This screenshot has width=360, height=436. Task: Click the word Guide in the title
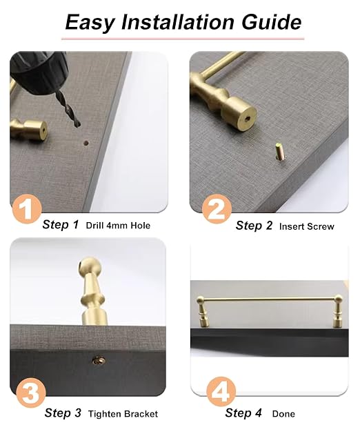coord(271,22)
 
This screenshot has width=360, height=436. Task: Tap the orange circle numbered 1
coord(27,210)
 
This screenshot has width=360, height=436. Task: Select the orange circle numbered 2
coord(217,209)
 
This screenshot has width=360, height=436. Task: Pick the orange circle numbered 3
coord(31,393)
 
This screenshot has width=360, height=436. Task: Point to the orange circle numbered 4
coord(221,392)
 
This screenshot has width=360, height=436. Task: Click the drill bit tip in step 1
coord(78,125)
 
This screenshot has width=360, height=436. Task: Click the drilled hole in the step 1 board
coord(86,143)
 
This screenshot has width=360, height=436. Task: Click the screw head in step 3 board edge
coord(99,361)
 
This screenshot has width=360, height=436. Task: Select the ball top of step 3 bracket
coord(90,267)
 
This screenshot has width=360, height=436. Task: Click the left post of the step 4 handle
coord(202,311)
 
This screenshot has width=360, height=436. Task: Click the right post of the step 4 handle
coord(339,311)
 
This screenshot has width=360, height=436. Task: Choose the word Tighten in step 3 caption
coord(105,414)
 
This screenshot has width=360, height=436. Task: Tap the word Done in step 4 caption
coord(283,414)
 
